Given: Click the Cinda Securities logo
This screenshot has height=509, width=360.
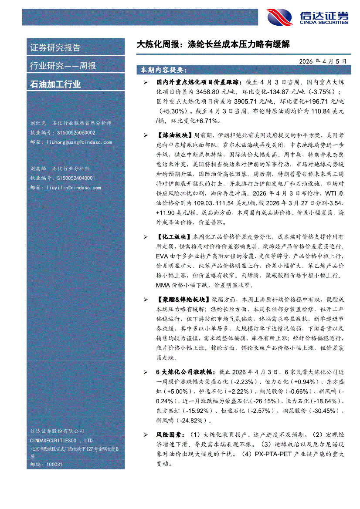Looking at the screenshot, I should tap(308, 17).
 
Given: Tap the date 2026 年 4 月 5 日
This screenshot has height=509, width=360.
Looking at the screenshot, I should tap(323, 62).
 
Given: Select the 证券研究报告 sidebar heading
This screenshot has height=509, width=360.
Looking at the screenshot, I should tap(55, 48).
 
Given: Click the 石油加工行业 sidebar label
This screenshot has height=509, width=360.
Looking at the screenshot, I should tap(55, 84).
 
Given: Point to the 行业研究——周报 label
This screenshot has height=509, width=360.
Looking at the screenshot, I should tap(63, 66).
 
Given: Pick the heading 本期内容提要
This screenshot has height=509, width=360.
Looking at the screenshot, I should tap(163, 70).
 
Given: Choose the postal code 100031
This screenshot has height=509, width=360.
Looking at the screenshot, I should tap(53, 465).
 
